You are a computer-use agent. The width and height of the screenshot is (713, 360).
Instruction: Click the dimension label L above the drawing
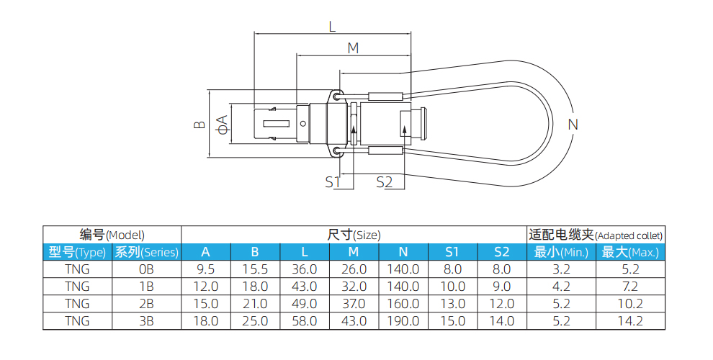(x=332, y=27)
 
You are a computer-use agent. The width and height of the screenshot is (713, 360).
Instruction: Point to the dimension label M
(x=353, y=48)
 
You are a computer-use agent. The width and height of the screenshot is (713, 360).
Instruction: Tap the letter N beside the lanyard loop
(x=573, y=125)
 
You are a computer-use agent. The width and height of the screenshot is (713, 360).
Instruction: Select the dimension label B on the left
(x=199, y=125)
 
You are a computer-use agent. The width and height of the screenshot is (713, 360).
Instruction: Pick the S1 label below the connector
(x=331, y=182)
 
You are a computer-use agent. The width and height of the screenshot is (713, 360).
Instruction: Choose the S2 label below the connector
(x=385, y=182)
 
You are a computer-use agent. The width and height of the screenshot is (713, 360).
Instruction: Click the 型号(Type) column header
(x=77, y=252)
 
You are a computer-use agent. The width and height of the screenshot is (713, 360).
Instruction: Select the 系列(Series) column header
(x=146, y=252)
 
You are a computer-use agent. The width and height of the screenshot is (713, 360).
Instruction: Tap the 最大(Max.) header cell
(x=630, y=252)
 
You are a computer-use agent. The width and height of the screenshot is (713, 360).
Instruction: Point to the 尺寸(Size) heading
(x=354, y=235)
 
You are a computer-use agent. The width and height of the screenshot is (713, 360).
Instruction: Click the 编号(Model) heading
(x=112, y=235)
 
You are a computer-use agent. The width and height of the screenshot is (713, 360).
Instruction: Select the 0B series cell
(x=146, y=269)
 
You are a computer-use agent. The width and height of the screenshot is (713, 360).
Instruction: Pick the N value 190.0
(x=403, y=321)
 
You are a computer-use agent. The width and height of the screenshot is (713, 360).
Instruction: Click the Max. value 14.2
(x=630, y=321)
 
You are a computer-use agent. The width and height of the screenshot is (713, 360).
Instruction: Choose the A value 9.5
(x=206, y=269)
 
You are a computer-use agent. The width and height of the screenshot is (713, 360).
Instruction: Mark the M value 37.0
(x=354, y=304)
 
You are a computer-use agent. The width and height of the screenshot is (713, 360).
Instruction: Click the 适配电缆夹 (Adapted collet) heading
(x=596, y=235)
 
